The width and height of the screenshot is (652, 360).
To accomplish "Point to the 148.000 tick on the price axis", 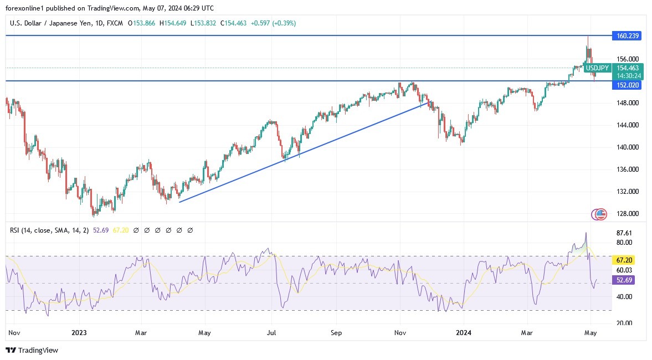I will [627, 103].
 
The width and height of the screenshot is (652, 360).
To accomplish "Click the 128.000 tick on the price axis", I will [627, 214].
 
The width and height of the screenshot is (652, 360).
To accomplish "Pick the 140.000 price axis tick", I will [627, 147].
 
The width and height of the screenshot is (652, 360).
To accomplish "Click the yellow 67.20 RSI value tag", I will [624, 260].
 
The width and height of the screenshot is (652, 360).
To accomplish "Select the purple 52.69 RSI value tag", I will [624, 280].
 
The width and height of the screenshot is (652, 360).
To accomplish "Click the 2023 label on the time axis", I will [79, 333].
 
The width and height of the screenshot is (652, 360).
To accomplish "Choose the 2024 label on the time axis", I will [463, 333].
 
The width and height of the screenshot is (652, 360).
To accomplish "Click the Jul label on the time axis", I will [271, 333].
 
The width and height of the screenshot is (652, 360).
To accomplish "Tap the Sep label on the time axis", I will [336, 333].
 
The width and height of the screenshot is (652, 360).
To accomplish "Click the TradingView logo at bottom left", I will [32, 350].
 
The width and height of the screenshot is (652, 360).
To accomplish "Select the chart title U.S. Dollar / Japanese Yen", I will [53, 23].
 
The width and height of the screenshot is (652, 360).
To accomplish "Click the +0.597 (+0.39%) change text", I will [273, 23].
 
